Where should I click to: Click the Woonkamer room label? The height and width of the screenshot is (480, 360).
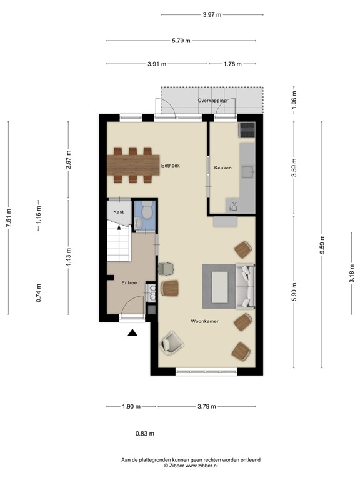pos(205,321)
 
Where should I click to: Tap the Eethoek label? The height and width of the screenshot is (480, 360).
pos(171,166)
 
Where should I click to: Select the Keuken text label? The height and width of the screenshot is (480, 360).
pos(223,167)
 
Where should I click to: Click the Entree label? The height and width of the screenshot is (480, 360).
pos(129,283)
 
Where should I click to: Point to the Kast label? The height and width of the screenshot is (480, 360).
pos(118,212)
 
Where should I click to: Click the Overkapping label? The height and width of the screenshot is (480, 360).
pos(212,100)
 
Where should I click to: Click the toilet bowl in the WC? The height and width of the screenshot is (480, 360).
pos(146,214)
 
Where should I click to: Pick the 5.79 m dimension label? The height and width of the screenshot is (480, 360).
pos(181,41)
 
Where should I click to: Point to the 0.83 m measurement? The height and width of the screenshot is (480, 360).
pos(145,434)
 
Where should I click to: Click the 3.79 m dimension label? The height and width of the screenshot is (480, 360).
pos(206,406)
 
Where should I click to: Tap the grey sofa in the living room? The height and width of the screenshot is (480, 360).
pos(246,287)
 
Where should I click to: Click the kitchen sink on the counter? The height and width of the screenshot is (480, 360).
pos(248,171)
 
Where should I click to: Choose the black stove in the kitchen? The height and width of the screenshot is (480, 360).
pos(247,129)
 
